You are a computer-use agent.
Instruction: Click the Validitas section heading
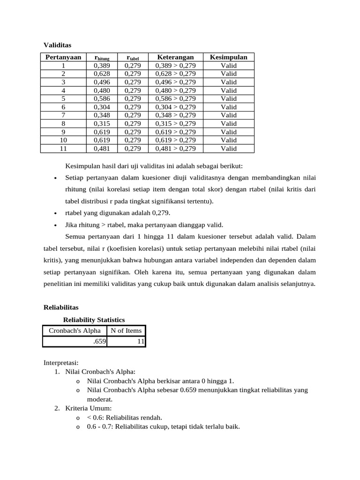(57, 45)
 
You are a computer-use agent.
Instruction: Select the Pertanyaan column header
(63, 57)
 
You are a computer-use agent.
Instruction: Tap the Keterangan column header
(175, 57)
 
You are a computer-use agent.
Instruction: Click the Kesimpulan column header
(229, 57)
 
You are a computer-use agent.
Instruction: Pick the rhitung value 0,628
(102, 74)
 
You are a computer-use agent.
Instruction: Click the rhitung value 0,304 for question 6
(102, 107)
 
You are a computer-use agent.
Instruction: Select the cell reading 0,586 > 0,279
(175, 98)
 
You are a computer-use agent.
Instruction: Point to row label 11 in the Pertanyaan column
(63, 149)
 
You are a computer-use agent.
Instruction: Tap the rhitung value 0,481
(102, 149)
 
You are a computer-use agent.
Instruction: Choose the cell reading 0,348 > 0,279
(175, 115)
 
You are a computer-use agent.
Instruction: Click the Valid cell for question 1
(229, 66)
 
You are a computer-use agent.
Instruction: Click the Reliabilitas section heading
(61, 307)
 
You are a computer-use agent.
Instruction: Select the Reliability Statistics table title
(94, 320)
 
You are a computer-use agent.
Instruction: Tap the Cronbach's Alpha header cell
(75, 330)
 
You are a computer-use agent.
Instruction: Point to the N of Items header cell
(126, 330)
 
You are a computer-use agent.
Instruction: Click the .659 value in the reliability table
(99, 342)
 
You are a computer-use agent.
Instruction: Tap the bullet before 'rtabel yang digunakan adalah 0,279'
(56, 213)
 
